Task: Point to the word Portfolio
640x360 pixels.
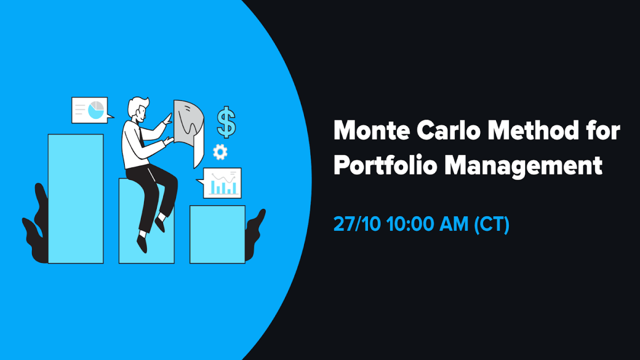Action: pos(385,165)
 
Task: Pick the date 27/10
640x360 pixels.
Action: pos(357,224)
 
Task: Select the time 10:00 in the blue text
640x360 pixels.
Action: pos(410,224)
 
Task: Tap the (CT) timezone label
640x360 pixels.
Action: pos(492,224)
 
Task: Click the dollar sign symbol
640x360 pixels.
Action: pos(226,122)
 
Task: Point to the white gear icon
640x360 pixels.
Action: pos(220,152)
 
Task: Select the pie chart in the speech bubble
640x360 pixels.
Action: pos(96,110)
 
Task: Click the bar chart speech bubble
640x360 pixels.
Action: pos(222,183)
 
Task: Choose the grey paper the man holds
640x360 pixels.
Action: pos(189,124)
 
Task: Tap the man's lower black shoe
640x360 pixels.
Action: pos(142,243)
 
